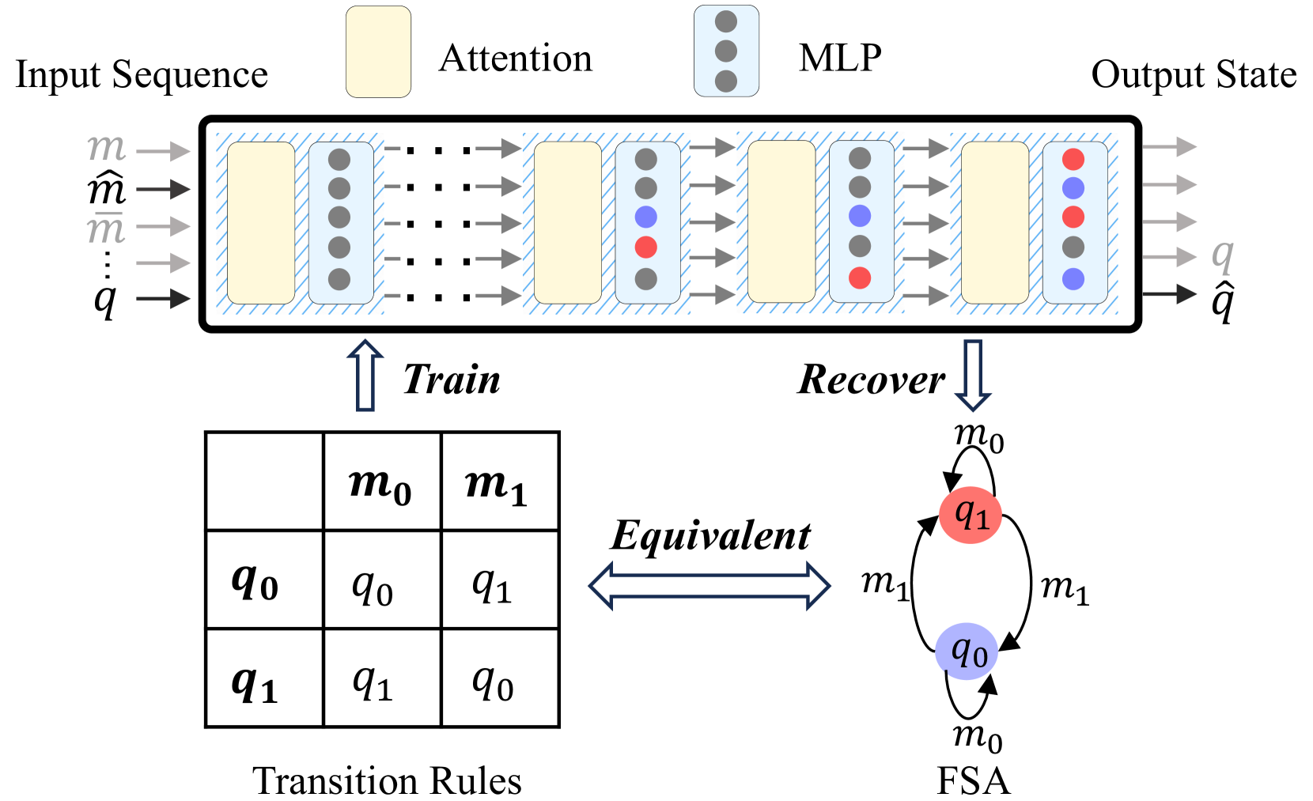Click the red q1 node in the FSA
(971, 516)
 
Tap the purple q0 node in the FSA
(967, 652)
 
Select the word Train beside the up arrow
(452, 380)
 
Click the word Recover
(871, 380)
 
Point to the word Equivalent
(710, 536)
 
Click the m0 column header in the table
(380, 482)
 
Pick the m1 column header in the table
(498, 482)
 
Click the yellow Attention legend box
(378, 52)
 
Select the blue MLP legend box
(726, 51)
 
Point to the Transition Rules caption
(387, 781)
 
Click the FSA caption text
(973, 781)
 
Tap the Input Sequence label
(142, 75)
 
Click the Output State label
(1194, 75)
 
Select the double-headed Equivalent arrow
(709, 586)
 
